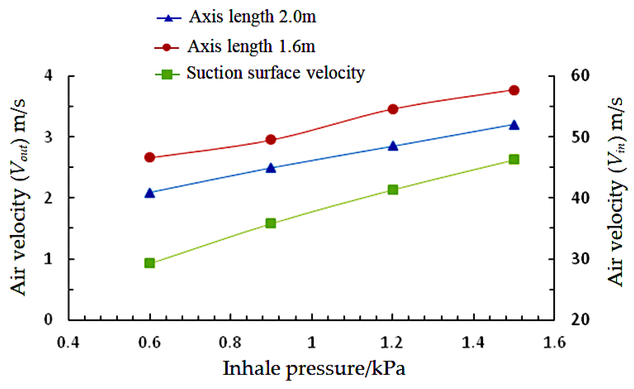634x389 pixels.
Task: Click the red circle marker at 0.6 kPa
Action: click(150, 157)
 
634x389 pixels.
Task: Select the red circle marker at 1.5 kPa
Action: click(514, 90)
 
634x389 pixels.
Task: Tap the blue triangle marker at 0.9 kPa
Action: click(271, 168)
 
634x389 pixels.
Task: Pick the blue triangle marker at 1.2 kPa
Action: click(393, 146)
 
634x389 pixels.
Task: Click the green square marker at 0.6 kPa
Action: click(150, 263)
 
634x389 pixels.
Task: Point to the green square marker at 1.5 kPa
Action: click(514, 159)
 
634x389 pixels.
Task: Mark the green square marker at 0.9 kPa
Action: click(271, 223)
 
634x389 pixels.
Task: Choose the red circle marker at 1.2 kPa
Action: click(393, 109)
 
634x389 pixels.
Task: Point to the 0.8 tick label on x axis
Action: click(230, 342)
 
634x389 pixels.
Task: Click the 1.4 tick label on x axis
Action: click(473, 342)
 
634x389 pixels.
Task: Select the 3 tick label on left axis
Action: click(49, 137)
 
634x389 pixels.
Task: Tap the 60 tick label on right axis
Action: click(580, 76)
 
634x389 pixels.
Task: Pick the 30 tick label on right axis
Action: click(580, 259)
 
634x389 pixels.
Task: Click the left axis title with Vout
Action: click(19, 197)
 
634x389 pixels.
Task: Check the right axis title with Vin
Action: click(616, 191)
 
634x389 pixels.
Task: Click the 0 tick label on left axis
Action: click(49, 320)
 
